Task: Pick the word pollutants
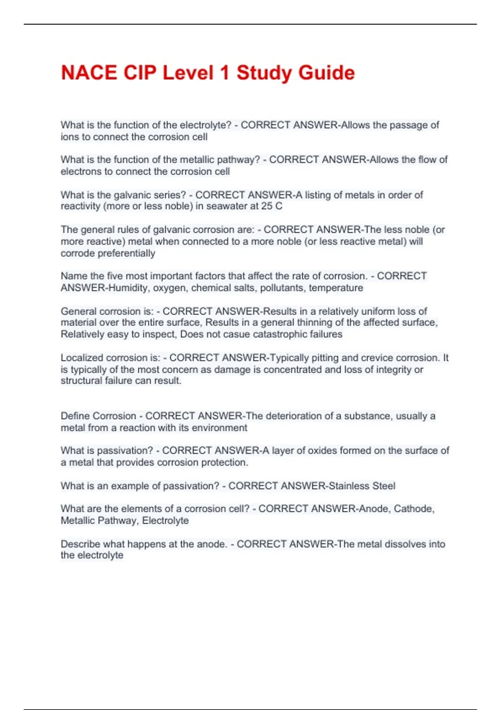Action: (282, 288)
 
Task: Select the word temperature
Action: (336, 288)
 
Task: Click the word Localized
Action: (81, 358)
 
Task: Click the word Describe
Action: (81, 544)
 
